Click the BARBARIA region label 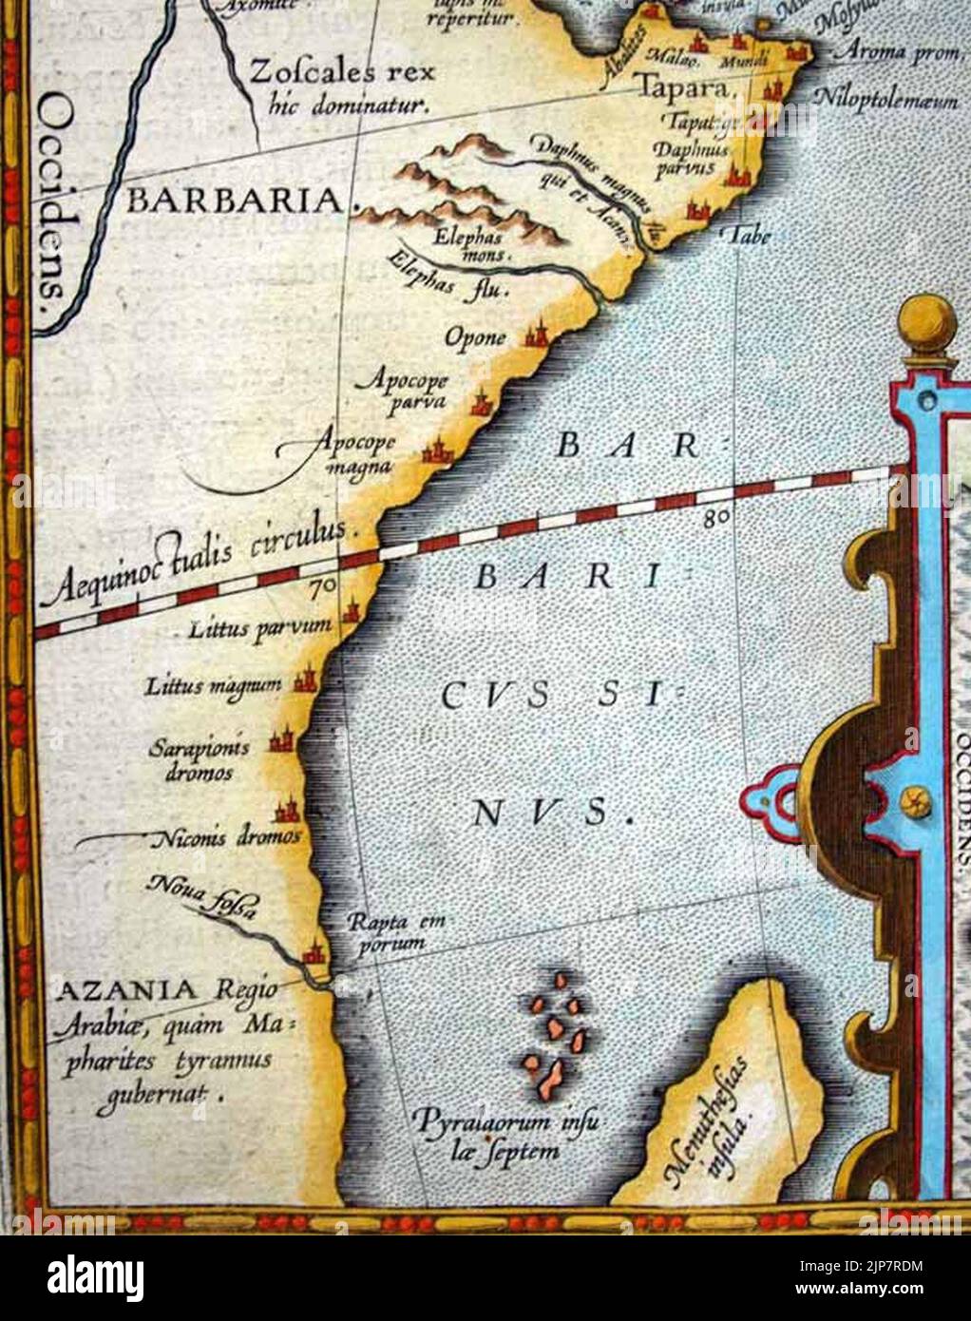(237, 200)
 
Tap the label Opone (475, 337)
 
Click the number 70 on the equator (322, 587)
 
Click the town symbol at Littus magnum (305, 681)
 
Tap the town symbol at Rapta (312, 953)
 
